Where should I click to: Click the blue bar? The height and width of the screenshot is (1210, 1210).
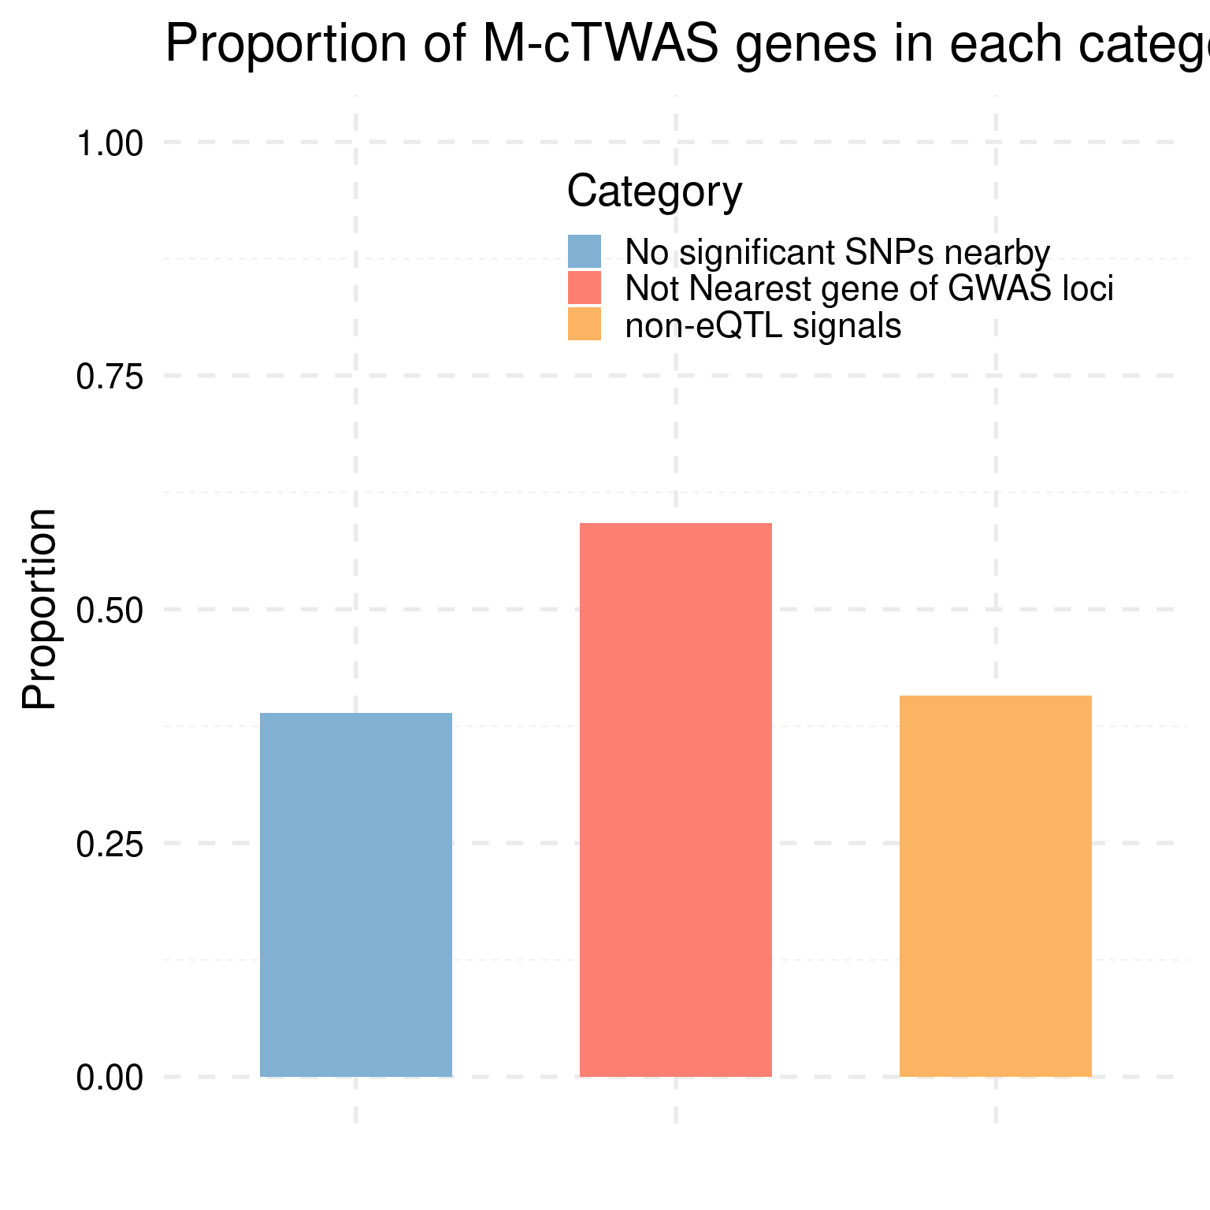click(356, 894)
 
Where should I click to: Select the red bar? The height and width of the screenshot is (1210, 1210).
click(676, 800)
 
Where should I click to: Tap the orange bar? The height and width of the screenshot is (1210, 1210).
click(996, 886)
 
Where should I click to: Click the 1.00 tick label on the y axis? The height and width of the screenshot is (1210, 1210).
click(109, 144)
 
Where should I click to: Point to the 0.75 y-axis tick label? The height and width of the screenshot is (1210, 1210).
click(109, 377)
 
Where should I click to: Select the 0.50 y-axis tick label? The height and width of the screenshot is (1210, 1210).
click(109, 611)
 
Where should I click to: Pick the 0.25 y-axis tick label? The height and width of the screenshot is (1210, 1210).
click(109, 844)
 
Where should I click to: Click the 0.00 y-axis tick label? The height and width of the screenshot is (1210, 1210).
click(109, 1078)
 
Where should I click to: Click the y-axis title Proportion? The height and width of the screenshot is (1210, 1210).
click(39, 609)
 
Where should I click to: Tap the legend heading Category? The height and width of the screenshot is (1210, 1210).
click(655, 191)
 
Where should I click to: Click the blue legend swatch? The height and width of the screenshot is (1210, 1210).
click(585, 252)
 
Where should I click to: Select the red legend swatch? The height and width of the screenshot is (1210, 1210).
click(585, 288)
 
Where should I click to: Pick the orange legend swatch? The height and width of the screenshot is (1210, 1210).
click(585, 325)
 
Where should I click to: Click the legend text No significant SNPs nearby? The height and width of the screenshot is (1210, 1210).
click(837, 253)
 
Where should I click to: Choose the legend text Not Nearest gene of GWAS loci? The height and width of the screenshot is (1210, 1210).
click(869, 289)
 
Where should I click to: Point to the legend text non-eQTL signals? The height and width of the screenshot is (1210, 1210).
click(763, 325)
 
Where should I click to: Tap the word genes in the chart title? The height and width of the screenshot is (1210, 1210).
click(809, 45)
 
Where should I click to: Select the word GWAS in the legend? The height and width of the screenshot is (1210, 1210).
click(991, 289)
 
